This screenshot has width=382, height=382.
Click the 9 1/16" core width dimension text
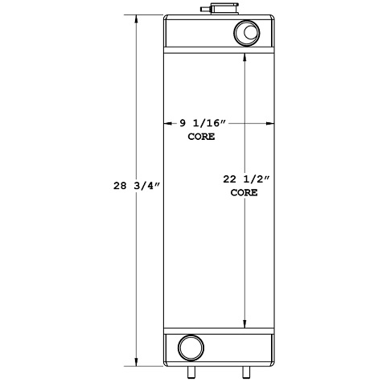coord(205,123)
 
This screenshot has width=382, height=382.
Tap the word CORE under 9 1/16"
coord(201,138)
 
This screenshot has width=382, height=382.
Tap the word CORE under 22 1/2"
coord(244,193)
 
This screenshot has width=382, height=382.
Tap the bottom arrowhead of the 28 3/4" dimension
coord(138,363)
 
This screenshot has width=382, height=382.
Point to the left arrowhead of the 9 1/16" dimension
coord(168,123)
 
